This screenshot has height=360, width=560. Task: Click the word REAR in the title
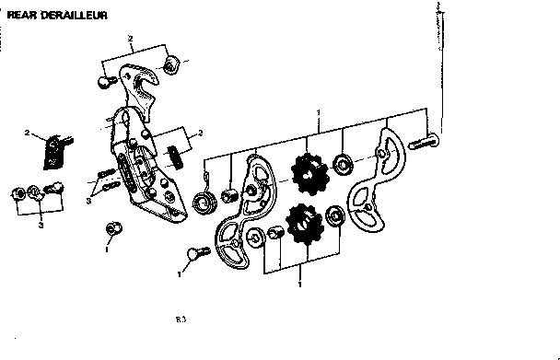coord(21,16)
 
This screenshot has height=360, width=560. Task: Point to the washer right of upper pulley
coord(345,165)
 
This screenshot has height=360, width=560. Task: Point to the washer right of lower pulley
coord(335,217)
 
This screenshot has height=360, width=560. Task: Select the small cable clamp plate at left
coord(55,150)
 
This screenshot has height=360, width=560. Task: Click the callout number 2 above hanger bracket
coord(132,39)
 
